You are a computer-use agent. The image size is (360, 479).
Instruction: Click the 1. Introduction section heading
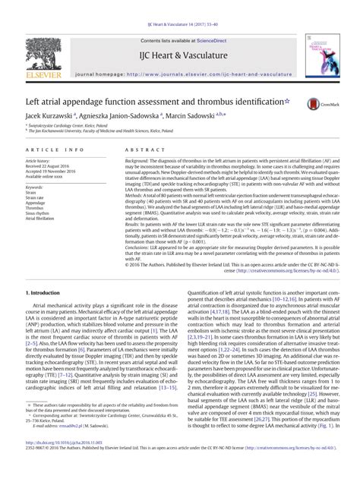pyautogui.click(x=47, y=291)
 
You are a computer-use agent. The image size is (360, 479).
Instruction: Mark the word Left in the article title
pyautogui.click(x=32, y=101)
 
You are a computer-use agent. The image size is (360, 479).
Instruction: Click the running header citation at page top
pyautogui.click(x=180, y=8)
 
